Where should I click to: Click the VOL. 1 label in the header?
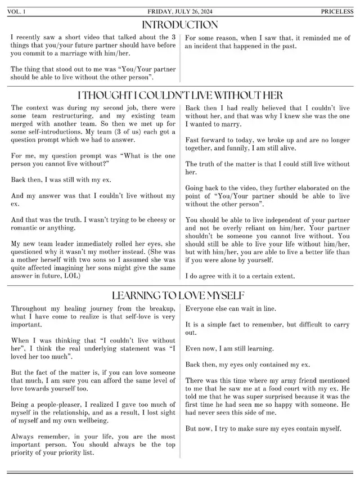click(x=17, y=11)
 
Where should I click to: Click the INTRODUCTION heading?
click(x=180, y=25)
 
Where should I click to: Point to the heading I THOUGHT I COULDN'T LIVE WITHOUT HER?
click(x=180, y=95)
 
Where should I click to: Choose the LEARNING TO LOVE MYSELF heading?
click(x=180, y=295)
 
